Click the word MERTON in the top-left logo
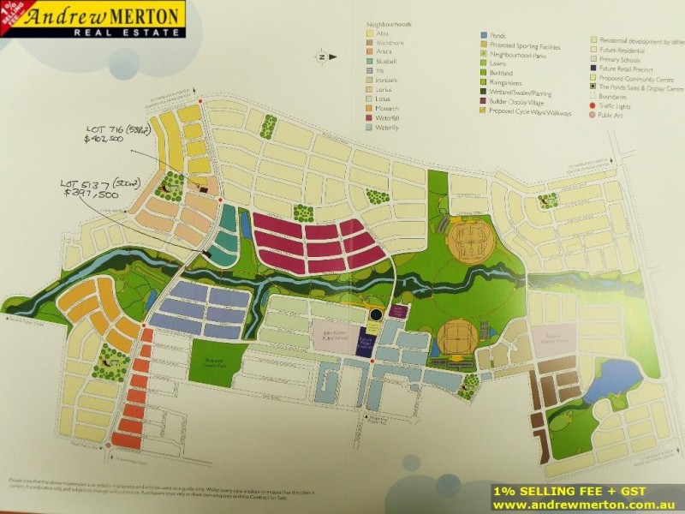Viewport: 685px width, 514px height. click(x=139, y=15)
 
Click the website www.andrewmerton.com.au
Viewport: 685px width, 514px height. click(x=584, y=505)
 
